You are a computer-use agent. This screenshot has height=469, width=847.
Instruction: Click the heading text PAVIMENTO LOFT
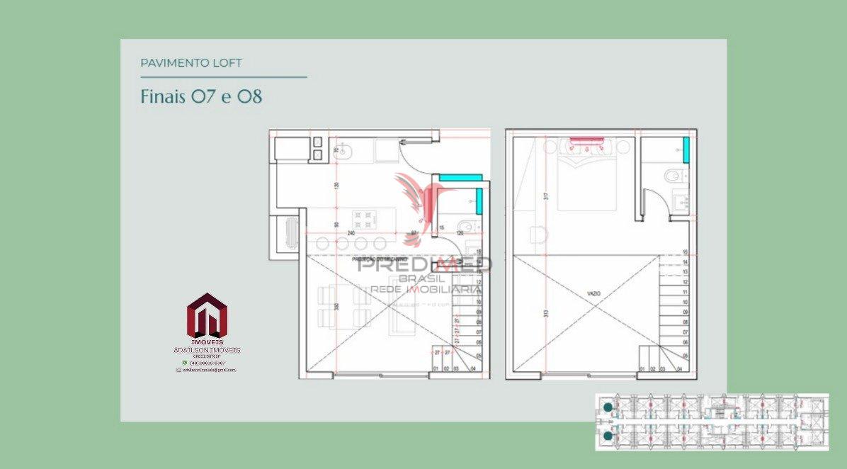pos(191,63)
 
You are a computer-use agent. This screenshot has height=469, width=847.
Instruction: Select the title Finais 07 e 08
pos(201,96)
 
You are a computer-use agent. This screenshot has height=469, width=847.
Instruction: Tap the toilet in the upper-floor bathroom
pos(671,175)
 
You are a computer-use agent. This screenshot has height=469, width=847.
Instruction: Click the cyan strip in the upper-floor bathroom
pos(686,147)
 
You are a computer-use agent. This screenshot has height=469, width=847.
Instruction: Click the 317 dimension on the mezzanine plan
pos(546,196)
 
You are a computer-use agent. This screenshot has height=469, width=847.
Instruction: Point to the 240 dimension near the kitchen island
pos(351,232)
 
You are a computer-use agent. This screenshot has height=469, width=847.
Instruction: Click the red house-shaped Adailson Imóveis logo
pos(207,316)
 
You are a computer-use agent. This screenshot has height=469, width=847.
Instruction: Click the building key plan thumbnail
pos(711,422)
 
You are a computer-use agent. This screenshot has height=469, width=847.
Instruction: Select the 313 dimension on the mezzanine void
pos(546,315)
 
